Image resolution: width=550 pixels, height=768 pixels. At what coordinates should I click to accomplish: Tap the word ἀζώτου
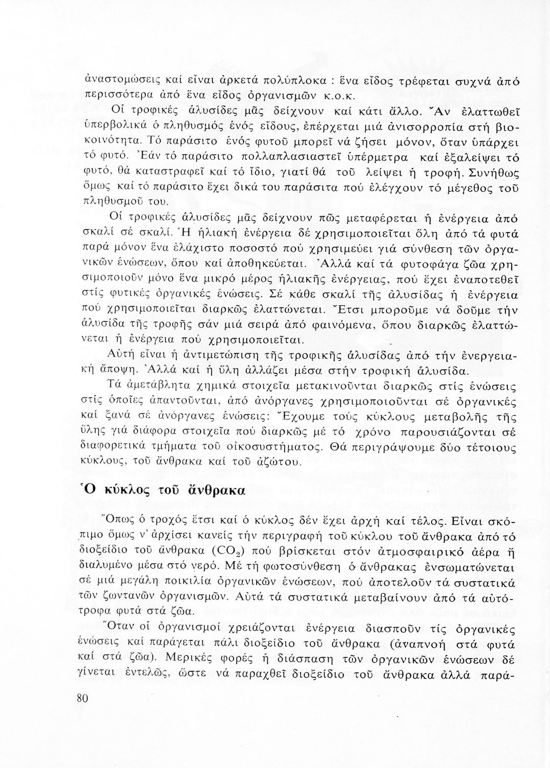(x=279, y=461)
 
